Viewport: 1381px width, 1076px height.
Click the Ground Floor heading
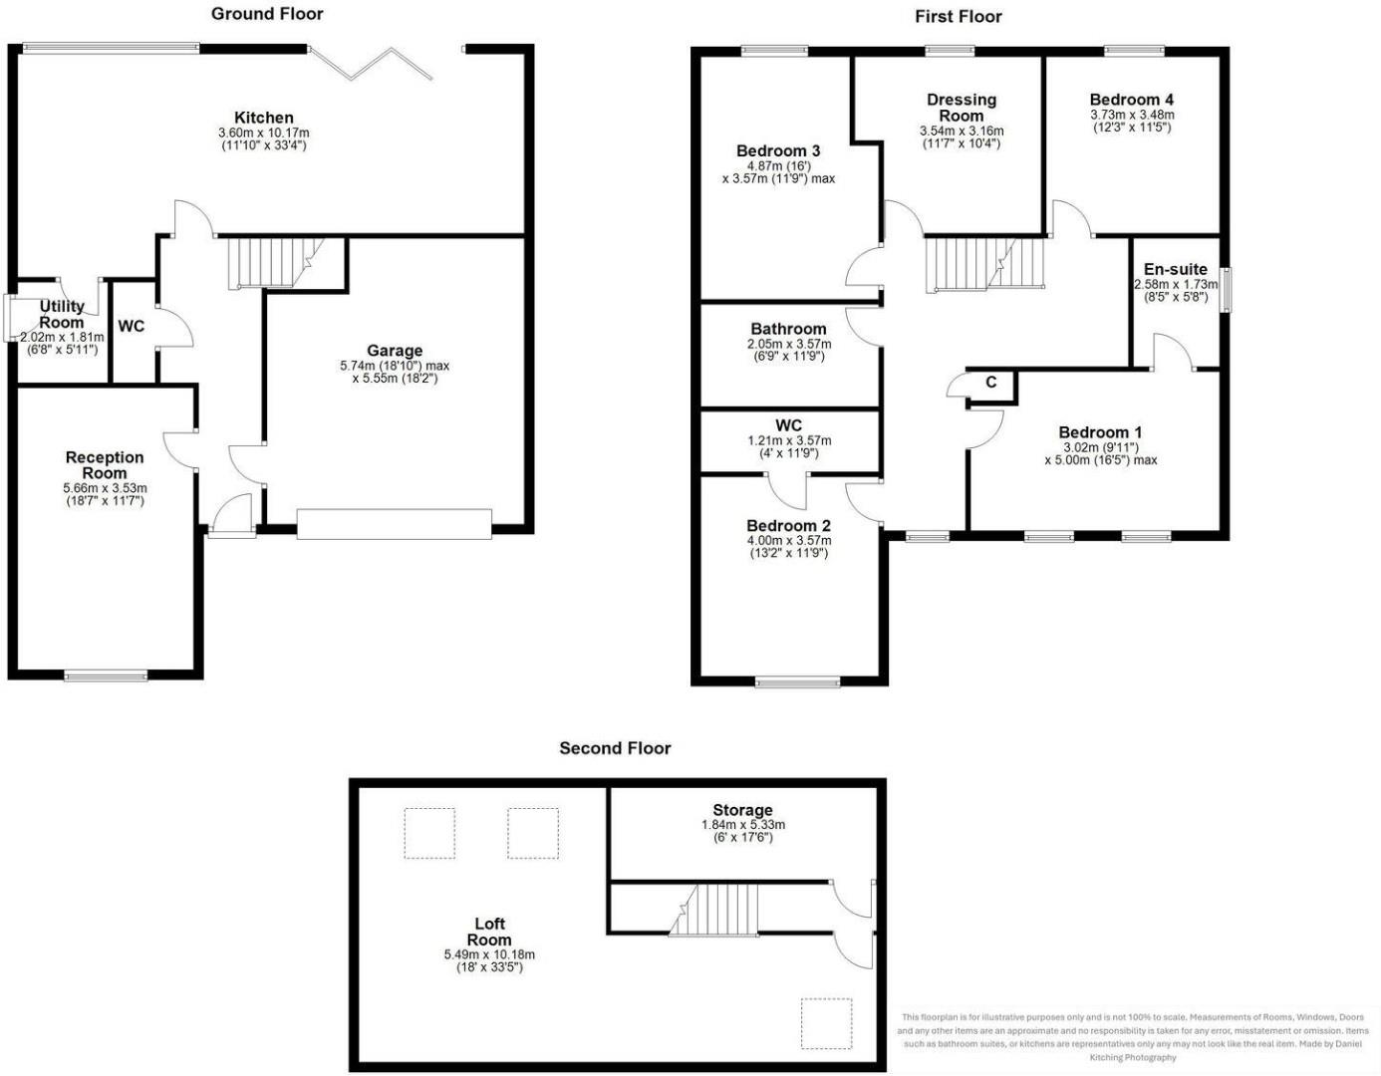(x=267, y=14)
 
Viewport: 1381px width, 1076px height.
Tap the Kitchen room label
(x=264, y=118)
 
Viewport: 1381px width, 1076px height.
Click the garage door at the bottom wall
(x=395, y=524)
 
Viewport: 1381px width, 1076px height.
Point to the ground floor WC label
(x=132, y=327)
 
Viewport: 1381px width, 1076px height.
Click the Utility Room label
(x=62, y=314)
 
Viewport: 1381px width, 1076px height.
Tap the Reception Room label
(x=105, y=465)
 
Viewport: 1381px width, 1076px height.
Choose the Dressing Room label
(x=962, y=107)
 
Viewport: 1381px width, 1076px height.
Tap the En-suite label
(x=1176, y=269)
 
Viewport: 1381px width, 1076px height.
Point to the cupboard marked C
(x=991, y=384)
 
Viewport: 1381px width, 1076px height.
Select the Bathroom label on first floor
(x=788, y=329)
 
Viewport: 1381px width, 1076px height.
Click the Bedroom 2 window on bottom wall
(x=797, y=682)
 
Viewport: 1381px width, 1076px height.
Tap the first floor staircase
(x=983, y=264)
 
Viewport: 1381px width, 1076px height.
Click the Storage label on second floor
(x=742, y=810)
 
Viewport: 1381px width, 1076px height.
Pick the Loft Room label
(x=489, y=932)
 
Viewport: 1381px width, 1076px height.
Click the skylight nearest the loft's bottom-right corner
(x=828, y=1023)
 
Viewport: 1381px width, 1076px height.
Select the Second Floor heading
(x=615, y=748)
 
